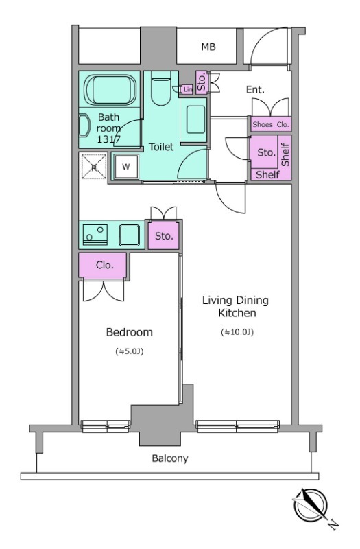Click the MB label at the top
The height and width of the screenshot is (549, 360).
(208, 47)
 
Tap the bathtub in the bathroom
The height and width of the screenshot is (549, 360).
(110, 89)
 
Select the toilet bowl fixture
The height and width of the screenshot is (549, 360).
(161, 89)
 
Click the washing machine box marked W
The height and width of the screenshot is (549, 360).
(126, 167)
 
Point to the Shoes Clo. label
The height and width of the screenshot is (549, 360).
(271, 124)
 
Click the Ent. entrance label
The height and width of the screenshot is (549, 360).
(255, 90)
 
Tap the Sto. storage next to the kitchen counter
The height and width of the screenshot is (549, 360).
(163, 235)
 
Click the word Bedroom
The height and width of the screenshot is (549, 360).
(130, 332)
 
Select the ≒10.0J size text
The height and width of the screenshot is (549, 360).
(237, 332)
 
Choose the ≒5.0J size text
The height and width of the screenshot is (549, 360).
(130, 351)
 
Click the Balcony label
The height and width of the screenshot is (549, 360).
(170, 458)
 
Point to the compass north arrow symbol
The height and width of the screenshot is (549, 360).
(311, 506)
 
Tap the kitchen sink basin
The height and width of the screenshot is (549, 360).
(130, 235)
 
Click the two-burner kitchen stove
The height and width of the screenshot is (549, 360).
(95, 235)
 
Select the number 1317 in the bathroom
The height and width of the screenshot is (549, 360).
(109, 139)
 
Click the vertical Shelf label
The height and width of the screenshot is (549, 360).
(285, 155)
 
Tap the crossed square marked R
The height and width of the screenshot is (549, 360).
(94, 166)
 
